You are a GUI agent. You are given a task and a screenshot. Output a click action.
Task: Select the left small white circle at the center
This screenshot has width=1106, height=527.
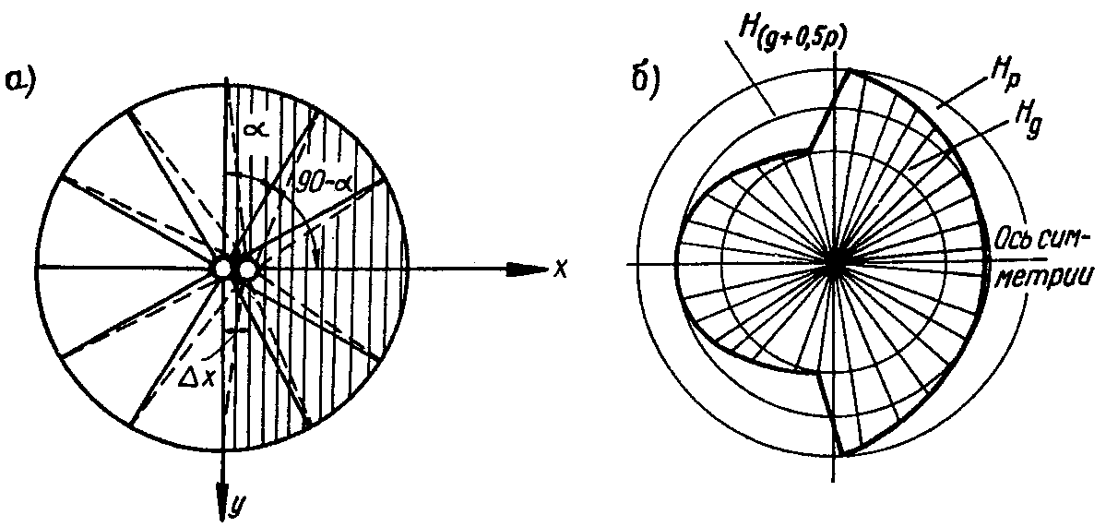coord(223,269)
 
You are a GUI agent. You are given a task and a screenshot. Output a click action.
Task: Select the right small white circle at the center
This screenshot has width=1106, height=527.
coord(247,269)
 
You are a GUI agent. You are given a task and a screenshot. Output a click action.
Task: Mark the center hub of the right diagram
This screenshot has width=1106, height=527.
coord(835,262)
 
